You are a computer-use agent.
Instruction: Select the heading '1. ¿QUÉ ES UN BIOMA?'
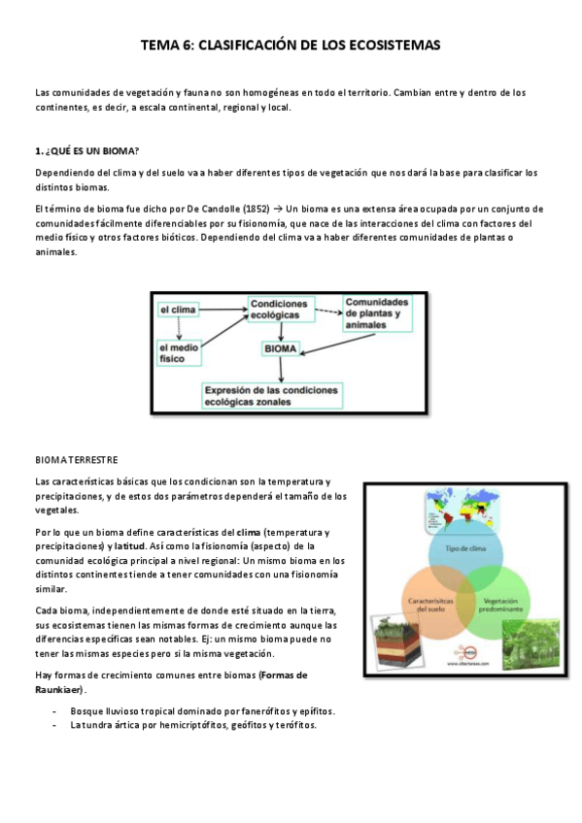click(86, 152)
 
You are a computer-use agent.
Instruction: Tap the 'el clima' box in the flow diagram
click(178, 310)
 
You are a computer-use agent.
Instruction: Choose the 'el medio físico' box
click(178, 351)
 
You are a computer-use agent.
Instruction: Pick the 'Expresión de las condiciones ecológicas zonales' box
click(272, 396)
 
